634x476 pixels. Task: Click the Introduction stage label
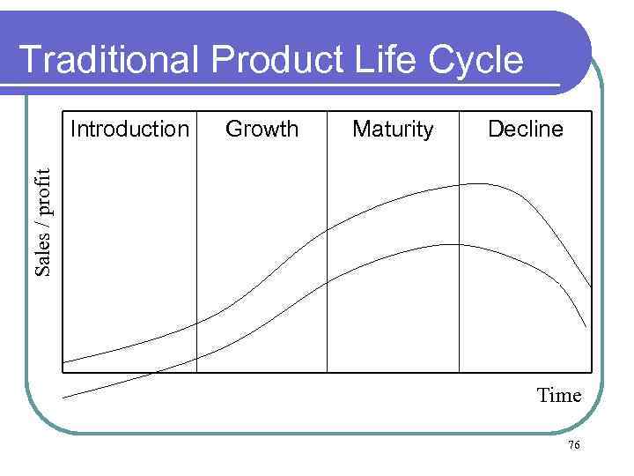pyautogui.click(x=129, y=130)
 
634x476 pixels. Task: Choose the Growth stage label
pyautogui.click(x=262, y=130)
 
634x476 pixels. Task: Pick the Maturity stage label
pyautogui.click(x=393, y=130)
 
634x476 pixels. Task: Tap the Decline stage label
pyautogui.click(x=525, y=130)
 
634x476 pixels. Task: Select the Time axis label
pyautogui.click(x=559, y=395)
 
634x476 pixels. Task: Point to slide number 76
pyautogui.click(x=573, y=446)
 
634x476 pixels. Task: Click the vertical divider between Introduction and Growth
pyautogui.click(x=196, y=264)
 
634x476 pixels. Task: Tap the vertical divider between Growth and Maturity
pyautogui.click(x=327, y=264)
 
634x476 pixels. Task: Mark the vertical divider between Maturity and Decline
pyautogui.click(x=459, y=264)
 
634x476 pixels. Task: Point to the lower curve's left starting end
pyautogui.click(x=64, y=398)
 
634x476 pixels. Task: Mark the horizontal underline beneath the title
pyautogui.click(x=291, y=86)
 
